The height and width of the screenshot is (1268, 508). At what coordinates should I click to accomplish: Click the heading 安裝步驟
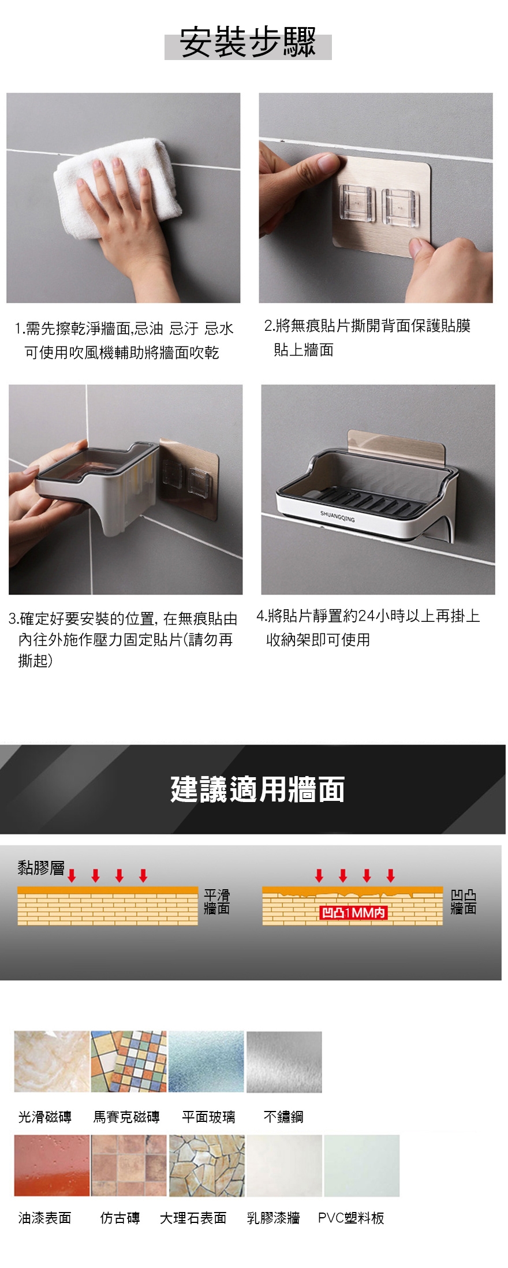click(248, 43)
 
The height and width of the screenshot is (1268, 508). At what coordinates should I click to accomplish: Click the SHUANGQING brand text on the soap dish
click(338, 516)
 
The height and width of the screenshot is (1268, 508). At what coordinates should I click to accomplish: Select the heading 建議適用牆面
click(257, 789)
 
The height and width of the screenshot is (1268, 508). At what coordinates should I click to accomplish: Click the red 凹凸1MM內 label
click(353, 912)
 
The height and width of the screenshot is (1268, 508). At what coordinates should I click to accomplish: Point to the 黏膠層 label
click(41, 867)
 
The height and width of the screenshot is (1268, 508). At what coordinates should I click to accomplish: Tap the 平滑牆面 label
click(216, 902)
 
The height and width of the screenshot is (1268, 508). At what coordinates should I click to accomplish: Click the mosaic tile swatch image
click(129, 1061)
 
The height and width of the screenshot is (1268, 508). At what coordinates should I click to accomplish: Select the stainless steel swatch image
click(284, 1061)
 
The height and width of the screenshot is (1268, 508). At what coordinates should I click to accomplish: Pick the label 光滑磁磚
click(45, 1117)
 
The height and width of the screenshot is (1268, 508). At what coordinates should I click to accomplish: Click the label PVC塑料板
click(351, 1218)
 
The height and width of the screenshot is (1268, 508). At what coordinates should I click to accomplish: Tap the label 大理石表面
click(193, 1218)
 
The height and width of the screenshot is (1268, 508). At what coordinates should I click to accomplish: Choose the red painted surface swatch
click(52, 1165)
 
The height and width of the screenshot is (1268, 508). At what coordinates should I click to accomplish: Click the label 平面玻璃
click(208, 1117)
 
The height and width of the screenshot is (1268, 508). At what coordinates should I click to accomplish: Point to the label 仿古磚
click(120, 1218)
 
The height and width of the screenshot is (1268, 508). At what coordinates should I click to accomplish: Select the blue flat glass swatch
click(206, 1061)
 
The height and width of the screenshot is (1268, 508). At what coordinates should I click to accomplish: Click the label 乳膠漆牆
click(273, 1218)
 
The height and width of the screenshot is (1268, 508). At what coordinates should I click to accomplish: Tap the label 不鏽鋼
click(283, 1117)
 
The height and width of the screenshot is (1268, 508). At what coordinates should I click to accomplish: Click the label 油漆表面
click(45, 1218)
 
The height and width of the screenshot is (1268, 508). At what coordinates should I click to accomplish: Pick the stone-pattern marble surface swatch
click(207, 1165)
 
